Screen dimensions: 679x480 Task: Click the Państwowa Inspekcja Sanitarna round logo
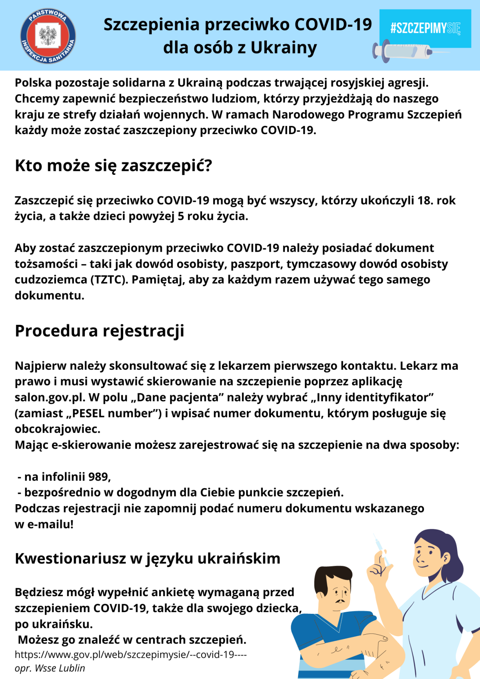pos(48,36)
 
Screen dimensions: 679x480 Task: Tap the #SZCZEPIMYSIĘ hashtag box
pos(425,28)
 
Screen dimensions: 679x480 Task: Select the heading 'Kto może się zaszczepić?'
pos(113,166)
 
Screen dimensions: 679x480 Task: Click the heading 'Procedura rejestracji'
pos(100,331)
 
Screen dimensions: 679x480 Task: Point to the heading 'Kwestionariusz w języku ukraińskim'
pos(148,559)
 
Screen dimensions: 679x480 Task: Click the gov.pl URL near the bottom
pos(131,655)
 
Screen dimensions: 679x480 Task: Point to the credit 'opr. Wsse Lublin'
pos(50,668)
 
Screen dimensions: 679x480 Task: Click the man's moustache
pos(340,601)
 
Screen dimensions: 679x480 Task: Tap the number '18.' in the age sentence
pos(425,200)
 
